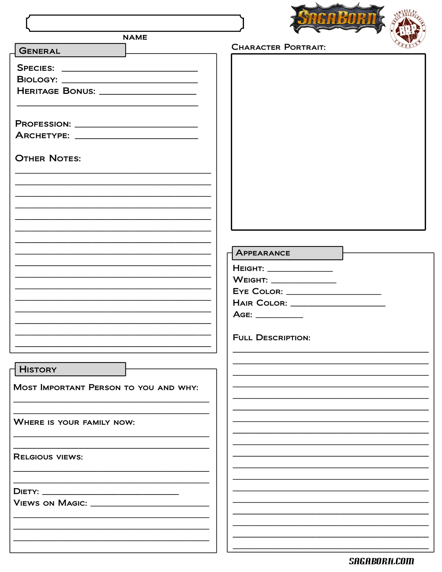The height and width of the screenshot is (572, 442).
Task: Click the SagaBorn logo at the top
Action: point(337,18)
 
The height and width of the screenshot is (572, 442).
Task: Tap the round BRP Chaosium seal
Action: point(408,29)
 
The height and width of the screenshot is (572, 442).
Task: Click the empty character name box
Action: point(135,23)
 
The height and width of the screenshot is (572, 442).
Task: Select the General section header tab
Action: point(70,50)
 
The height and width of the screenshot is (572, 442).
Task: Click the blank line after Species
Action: point(130,69)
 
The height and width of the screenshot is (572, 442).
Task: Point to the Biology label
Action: point(37,79)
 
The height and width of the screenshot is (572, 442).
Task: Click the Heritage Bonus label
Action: point(56,91)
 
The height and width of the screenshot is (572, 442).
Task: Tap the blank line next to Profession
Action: point(136,125)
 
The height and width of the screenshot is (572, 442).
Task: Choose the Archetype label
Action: point(42,135)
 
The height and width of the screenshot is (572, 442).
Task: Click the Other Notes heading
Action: point(48,158)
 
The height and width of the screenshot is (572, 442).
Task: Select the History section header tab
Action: point(70,369)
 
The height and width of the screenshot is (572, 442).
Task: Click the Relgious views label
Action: point(48,457)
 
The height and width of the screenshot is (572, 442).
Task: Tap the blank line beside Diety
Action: point(111,492)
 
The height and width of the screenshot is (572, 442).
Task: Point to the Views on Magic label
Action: point(50,503)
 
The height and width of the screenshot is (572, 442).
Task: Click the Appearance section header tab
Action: point(287,253)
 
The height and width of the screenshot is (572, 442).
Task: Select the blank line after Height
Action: point(300,269)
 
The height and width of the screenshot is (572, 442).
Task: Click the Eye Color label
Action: point(258,291)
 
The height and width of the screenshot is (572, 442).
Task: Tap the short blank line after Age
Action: point(279,315)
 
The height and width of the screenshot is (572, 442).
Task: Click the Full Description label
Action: point(272,338)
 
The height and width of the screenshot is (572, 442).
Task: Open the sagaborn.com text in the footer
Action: point(381,561)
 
